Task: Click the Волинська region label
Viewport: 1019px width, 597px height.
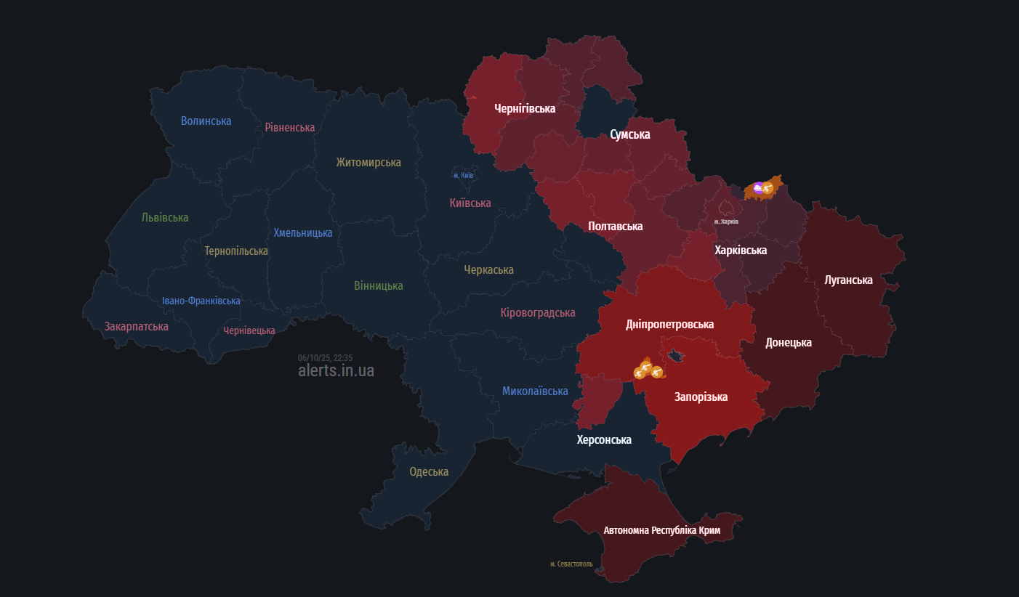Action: (x=206, y=121)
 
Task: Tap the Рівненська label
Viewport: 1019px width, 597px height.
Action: (x=289, y=127)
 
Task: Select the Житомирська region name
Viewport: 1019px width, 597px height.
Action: (x=368, y=162)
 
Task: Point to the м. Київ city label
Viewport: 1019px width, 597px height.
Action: (x=463, y=175)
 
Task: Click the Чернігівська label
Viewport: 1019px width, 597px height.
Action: (x=525, y=108)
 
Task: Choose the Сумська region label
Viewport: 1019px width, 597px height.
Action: (x=630, y=134)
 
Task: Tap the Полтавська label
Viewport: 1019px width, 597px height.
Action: (x=615, y=226)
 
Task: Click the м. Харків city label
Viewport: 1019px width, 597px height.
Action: (x=726, y=222)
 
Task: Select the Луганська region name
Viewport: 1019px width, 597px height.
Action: (x=849, y=280)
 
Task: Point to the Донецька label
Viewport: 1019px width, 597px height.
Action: (x=789, y=342)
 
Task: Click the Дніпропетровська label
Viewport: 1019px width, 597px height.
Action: (x=669, y=324)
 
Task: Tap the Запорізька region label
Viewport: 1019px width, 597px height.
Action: (x=701, y=397)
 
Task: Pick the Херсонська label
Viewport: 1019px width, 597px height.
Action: (x=604, y=439)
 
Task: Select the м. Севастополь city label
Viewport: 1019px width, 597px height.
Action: (x=571, y=564)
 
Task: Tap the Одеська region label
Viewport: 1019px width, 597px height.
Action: (x=429, y=471)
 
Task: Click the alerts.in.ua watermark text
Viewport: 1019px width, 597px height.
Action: (x=336, y=370)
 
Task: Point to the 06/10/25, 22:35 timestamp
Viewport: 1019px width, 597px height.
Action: (x=325, y=357)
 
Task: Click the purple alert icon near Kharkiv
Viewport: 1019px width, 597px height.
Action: (x=758, y=189)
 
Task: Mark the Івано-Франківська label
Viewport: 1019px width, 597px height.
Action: (x=201, y=301)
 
